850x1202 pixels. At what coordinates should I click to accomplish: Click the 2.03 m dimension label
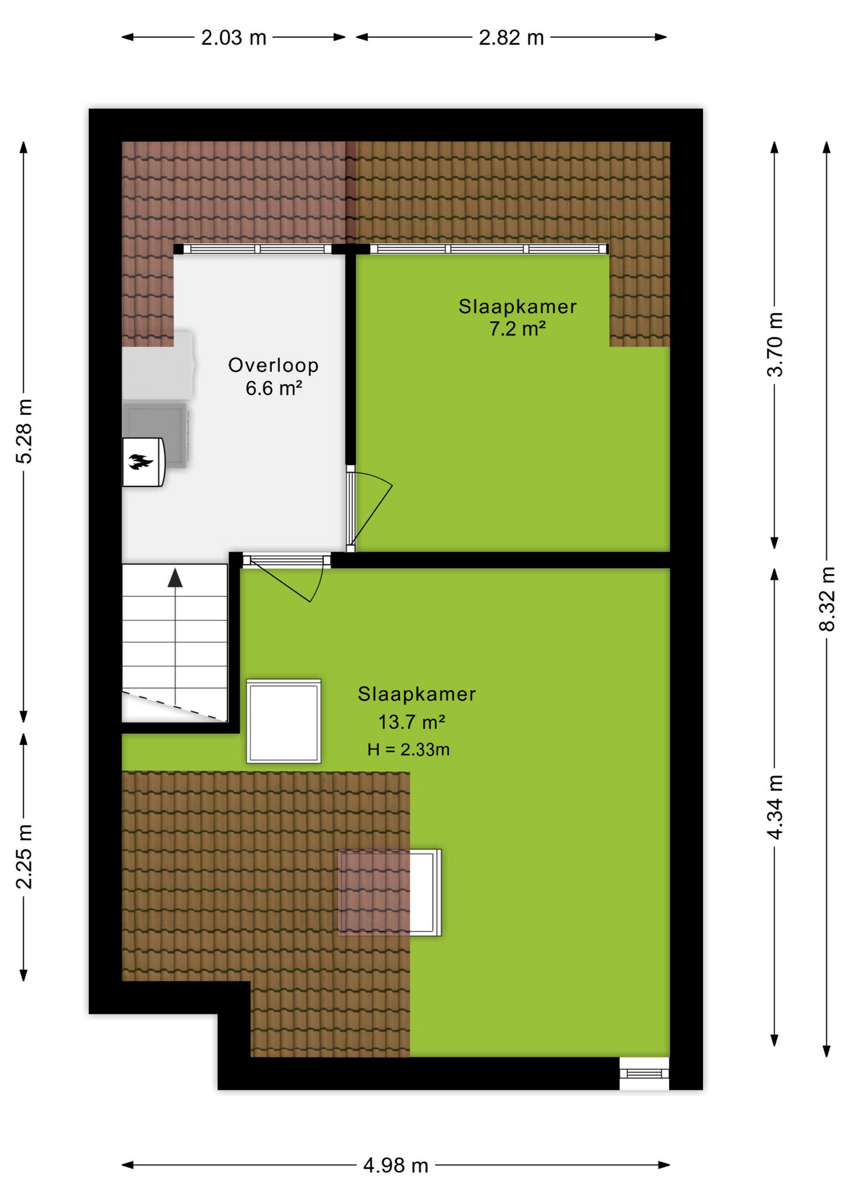(233, 38)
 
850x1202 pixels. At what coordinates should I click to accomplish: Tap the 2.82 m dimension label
(511, 38)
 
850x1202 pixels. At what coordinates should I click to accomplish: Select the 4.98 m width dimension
(396, 1165)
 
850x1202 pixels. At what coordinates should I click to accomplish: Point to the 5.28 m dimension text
(24, 431)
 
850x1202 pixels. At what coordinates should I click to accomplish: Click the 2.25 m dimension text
(24, 856)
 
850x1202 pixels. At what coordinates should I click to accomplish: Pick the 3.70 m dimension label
(775, 344)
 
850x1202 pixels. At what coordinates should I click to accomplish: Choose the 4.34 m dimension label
(775, 807)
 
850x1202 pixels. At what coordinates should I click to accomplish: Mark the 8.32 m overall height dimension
(827, 599)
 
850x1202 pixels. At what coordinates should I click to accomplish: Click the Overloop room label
(274, 365)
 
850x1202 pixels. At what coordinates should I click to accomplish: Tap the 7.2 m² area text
(518, 328)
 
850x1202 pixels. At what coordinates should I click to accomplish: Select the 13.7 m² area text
(411, 722)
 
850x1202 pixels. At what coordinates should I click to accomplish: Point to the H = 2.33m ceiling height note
(408, 749)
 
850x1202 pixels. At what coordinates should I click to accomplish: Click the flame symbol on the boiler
(141, 462)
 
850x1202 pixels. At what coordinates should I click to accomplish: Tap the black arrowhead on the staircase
(175, 578)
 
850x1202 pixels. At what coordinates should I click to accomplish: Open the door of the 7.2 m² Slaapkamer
(369, 508)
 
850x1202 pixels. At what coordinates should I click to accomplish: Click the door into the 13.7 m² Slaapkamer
(287, 577)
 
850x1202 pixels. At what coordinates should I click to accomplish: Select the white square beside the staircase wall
(284, 721)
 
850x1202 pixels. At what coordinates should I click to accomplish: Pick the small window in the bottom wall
(644, 1074)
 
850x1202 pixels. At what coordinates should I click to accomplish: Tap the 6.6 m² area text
(274, 388)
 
